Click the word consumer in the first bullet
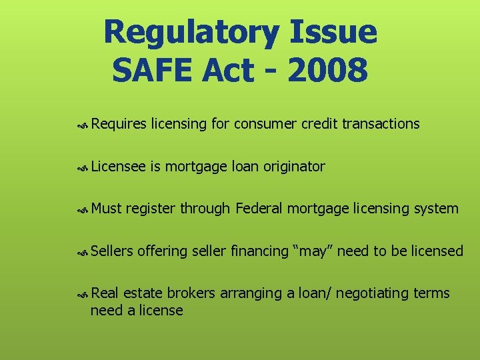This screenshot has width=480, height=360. (x=265, y=124)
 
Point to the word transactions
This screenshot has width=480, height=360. (x=381, y=124)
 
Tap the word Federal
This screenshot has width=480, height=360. (x=260, y=209)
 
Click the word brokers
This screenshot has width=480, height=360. (x=191, y=293)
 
